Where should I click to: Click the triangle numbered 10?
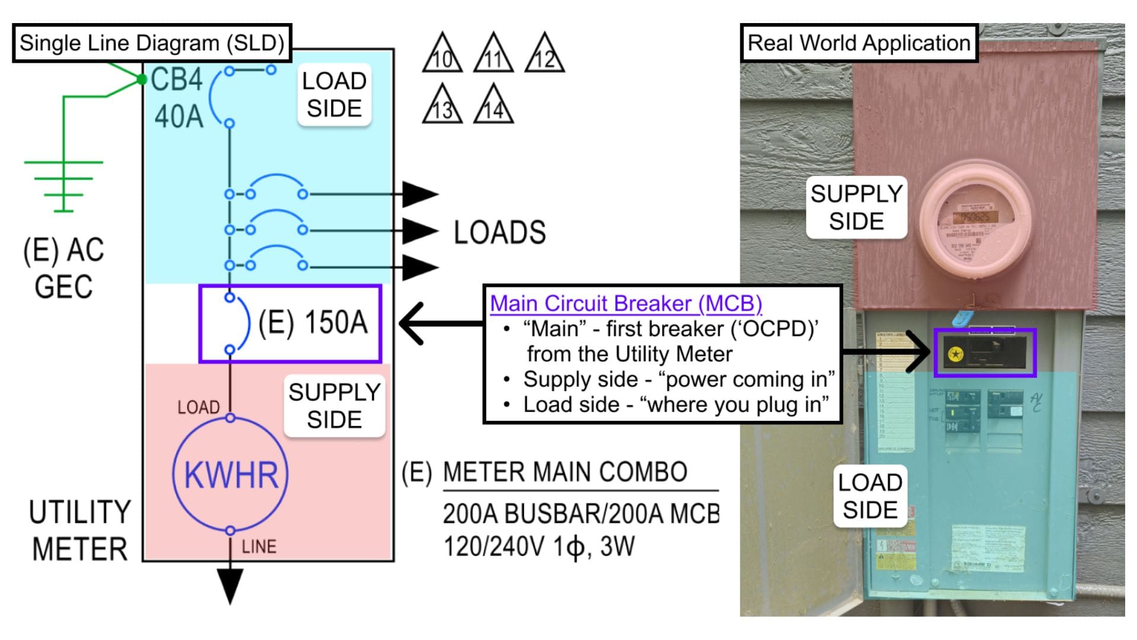pyautogui.click(x=442, y=55)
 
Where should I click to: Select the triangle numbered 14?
pyautogui.click(x=493, y=106)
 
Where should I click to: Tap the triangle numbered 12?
pyautogui.click(x=544, y=55)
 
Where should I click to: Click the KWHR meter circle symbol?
pyautogui.click(x=230, y=475)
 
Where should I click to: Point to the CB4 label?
pyautogui.click(x=176, y=79)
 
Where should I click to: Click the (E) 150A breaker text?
pyautogui.click(x=313, y=323)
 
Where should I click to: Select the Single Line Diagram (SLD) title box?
pyautogui.click(x=152, y=43)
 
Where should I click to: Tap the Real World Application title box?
pyautogui.click(x=858, y=43)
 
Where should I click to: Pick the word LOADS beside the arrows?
pyautogui.click(x=499, y=232)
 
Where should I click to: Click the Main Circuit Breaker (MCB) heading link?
pyautogui.click(x=625, y=303)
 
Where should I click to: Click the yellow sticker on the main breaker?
pyautogui.click(x=955, y=354)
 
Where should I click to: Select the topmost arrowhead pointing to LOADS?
pyautogui.click(x=419, y=194)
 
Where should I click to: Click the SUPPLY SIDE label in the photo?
pyautogui.click(x=856, y=207)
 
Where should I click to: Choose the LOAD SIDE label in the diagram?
pyautogui.click(x=334, y=95)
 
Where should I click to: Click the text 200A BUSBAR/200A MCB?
pyautogui.click(x=580, y=514)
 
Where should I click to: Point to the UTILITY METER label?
pyautogui.click(x=79, y=530)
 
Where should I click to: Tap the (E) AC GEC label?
pyautogui.click(x=63, y=268)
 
